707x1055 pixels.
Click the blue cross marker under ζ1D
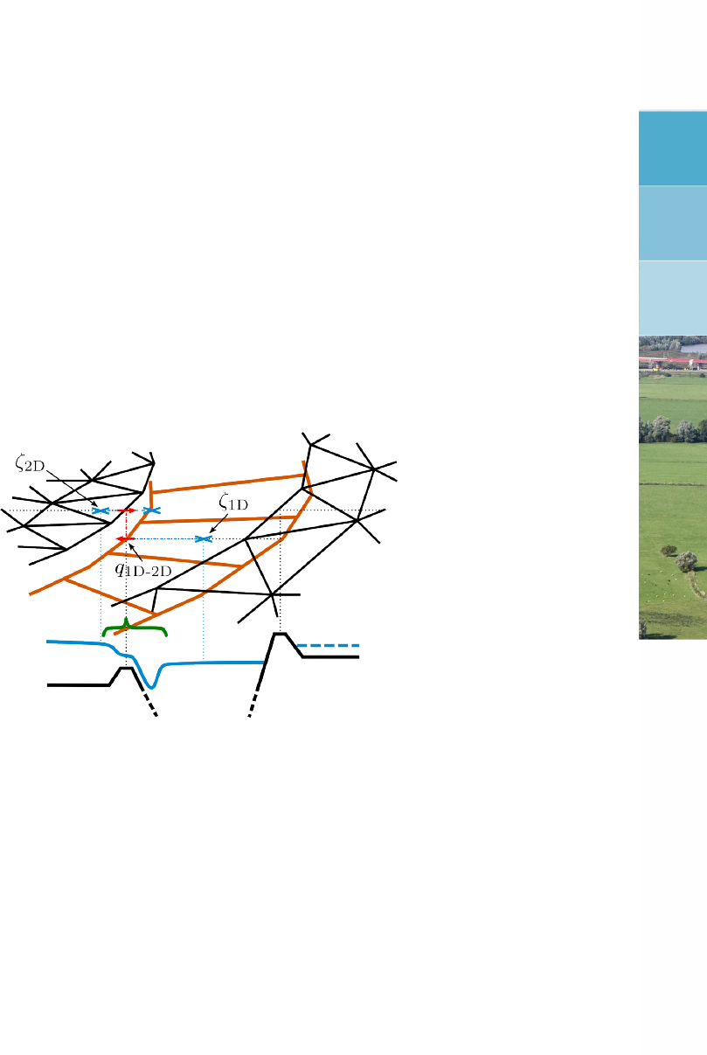click(204, 539)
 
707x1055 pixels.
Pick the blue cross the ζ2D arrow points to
click(101, 510)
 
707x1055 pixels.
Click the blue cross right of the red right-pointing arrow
click(151, 510)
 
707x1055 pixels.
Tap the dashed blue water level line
click(328, 645)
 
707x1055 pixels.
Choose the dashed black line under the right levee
click(254, 704)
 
